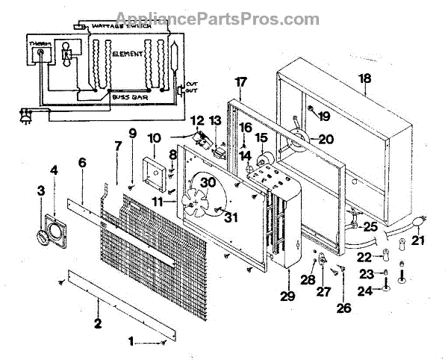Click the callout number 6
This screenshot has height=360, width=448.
81,162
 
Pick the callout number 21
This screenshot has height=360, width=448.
419,240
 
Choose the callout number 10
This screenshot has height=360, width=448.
155,138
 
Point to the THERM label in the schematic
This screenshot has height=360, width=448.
39,43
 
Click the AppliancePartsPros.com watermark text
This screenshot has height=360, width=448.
224,19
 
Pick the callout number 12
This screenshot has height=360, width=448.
197,120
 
